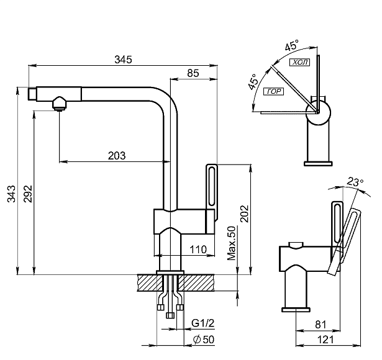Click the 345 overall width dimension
pos(123,60)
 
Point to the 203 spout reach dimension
pos(116,156)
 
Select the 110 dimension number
pos(198,250)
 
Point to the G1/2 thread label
pos(203,323)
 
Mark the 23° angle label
pos(355,182)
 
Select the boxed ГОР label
pos(273,92)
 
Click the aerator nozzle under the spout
pos(59,104)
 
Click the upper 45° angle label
pos(291,46)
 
